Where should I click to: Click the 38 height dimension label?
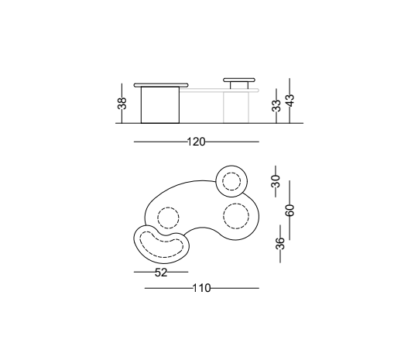(x=122, y=103)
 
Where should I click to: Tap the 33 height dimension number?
(x=276, y=105)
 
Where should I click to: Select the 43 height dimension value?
(x=290, y=101)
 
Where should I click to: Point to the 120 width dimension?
(x=196, y=142)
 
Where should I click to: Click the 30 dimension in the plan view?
(x=276, y=181)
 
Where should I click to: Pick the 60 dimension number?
(x=290, y=210)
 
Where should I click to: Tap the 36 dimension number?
(x=280, y=243)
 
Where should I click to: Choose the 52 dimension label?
(x=161, y=273)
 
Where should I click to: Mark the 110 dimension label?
(x=201, y=288)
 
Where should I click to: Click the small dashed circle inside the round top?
(x=231, y=173)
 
